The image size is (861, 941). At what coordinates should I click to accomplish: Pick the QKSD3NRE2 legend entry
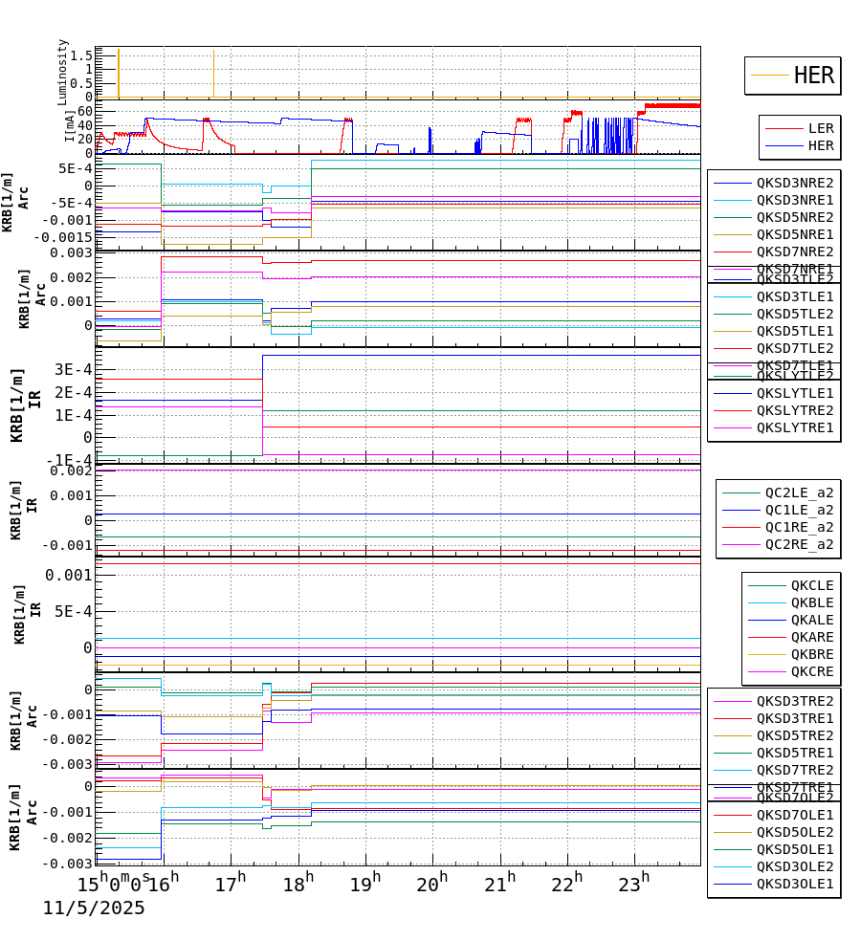tap(795, 183)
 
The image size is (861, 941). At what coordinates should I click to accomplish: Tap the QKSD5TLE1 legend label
tap(795, 331)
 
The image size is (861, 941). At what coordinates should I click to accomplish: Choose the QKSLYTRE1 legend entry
tap(795, 427)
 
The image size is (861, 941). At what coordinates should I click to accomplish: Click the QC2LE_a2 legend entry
tap(799, 492)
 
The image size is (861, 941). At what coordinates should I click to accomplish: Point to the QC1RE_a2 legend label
tap(799, 527)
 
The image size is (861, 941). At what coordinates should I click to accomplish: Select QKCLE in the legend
tap(811, 585)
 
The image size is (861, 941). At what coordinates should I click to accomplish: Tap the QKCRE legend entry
tap(811, 671)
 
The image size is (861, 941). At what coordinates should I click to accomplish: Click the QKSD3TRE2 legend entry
tap(795, 701)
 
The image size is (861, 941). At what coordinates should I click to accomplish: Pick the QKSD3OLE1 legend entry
tap(795, 884)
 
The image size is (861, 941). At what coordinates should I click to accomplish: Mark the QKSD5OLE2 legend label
tap(795, 832)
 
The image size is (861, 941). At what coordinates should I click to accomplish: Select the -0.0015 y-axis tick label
tap(60, 237)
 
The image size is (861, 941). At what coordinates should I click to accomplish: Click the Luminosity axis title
tap(63, 72)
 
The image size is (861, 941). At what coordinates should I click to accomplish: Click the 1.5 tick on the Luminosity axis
tap(80, 55)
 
